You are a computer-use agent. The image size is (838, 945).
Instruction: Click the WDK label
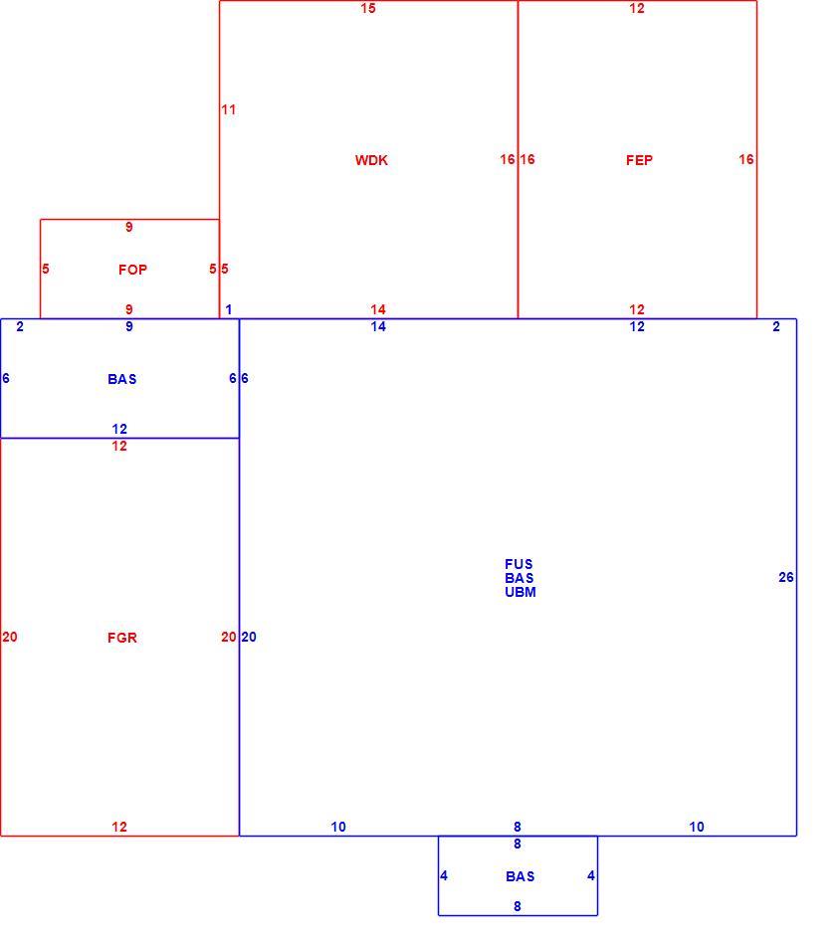point(371,160)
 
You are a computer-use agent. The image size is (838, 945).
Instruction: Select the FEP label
point(639,160)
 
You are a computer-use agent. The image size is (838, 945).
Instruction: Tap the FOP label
point(132,270)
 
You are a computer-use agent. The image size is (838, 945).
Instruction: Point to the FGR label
point(122,638)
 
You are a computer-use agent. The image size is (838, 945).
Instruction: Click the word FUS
point(520,564)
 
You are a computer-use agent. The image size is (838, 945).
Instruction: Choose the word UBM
point(521,592)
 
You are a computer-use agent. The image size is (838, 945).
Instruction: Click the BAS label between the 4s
point(521,876)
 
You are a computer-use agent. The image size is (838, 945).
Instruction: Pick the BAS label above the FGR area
point(122,379)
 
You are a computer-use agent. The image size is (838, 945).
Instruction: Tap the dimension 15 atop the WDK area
point(368,8)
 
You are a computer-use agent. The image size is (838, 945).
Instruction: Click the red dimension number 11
point(229,109)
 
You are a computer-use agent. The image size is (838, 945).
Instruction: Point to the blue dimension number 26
point(786,577)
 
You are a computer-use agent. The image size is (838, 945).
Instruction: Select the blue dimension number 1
point(229,309)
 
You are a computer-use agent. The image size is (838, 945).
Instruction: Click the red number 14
point(378,309)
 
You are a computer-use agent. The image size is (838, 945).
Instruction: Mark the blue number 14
point(378,326)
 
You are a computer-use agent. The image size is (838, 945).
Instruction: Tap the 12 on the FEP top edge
point(637,8)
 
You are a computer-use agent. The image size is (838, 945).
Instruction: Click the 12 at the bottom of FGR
point(119,827)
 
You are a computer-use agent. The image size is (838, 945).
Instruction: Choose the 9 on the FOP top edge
point(129,227)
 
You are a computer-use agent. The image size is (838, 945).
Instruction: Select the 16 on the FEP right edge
point(746,159)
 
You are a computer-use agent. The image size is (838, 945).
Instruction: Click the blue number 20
point(249,637)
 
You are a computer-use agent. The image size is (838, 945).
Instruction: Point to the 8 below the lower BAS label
point(518,906)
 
